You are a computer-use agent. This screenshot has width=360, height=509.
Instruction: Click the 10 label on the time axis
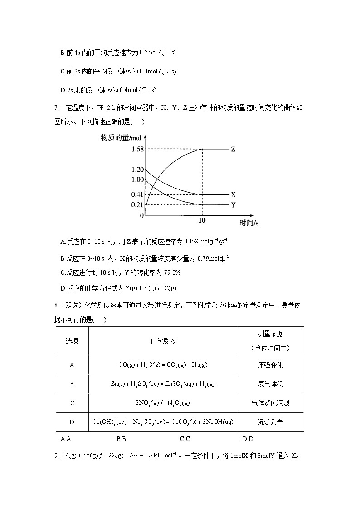tap(202, 221)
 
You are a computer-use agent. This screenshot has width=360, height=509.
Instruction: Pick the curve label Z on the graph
tap(233, 149)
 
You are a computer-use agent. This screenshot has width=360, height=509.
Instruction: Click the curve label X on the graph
tap(233, 194)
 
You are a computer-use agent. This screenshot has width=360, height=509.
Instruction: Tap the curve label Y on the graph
tap(233, 204)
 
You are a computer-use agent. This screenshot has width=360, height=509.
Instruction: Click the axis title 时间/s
tap(249, 223)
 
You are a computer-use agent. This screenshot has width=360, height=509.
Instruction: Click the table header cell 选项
tap(72, 341)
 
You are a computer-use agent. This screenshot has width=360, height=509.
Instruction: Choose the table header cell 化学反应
tap(163, 341)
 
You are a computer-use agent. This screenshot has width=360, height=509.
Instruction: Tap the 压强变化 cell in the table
tap(270, 365)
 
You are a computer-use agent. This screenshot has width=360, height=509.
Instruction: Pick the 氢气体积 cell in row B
tap(270, 384)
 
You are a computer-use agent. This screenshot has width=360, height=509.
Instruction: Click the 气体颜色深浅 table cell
tap(270, 403)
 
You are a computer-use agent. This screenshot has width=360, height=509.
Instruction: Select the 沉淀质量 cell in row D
tap(270, 422)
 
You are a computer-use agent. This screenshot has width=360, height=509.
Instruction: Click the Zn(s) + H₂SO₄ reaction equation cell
tap(163, 384)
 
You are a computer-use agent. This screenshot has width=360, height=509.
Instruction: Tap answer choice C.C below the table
tap(185, 439)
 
